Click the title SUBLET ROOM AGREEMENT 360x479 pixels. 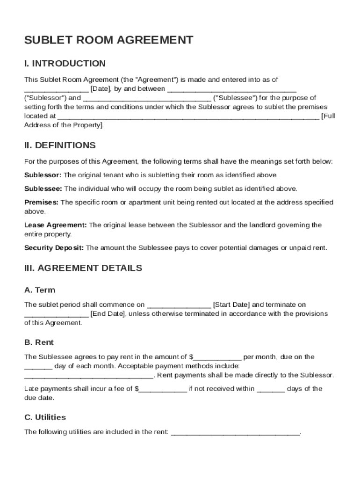point(108,40)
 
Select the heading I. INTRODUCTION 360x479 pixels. point(65,64)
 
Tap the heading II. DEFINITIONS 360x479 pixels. point(60,145)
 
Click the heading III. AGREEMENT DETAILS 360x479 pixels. point(83,269)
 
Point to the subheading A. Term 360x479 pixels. point(40,290)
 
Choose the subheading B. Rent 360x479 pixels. point(39,342)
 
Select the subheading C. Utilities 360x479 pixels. point(45,417)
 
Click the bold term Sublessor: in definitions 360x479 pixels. point(43,175)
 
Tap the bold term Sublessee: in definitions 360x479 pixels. point(43,189)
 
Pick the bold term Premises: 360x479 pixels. point(41,203)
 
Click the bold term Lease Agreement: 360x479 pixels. point(55,225)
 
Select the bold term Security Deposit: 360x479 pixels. point(54,247)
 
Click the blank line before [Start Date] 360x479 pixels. point(179,305)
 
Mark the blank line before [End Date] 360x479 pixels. point(56,314)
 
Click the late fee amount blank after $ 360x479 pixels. point(163,390)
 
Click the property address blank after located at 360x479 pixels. point(188,117)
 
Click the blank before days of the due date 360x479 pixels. point(271,390)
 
